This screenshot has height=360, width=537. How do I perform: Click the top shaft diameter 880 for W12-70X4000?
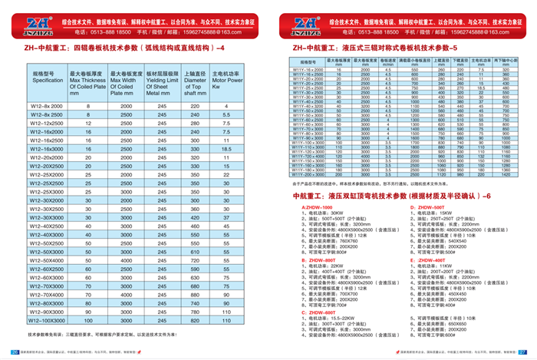[x=196, y=295]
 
